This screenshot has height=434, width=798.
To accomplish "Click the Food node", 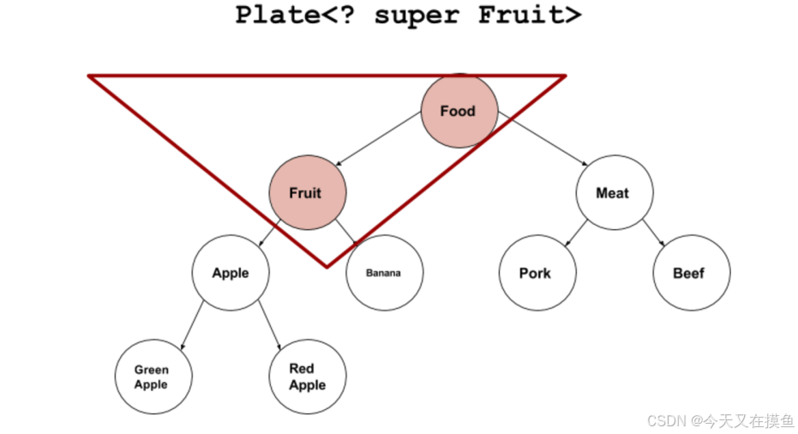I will click(459, 111).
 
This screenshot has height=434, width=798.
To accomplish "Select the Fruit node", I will click(307, 193).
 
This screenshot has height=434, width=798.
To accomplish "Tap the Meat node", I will click(614, 193).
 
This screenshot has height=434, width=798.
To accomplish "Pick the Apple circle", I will click(231, 273).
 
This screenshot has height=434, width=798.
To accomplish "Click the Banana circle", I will click(384, 273).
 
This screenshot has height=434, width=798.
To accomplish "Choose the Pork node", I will click(537, 273).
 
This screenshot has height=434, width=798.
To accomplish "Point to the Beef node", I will click(690, 273).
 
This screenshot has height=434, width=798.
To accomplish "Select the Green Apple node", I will click(153, 377).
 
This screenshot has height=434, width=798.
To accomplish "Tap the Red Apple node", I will click(307, 377).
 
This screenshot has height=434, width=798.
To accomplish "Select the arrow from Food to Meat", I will click(542, 140).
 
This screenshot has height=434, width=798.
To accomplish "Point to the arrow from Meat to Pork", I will click(575, 232).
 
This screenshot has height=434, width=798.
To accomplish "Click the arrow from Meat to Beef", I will click(652, 232).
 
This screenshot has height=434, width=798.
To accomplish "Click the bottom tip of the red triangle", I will click(327, 266).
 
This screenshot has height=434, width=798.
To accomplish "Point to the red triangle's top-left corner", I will click(89, 76).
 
